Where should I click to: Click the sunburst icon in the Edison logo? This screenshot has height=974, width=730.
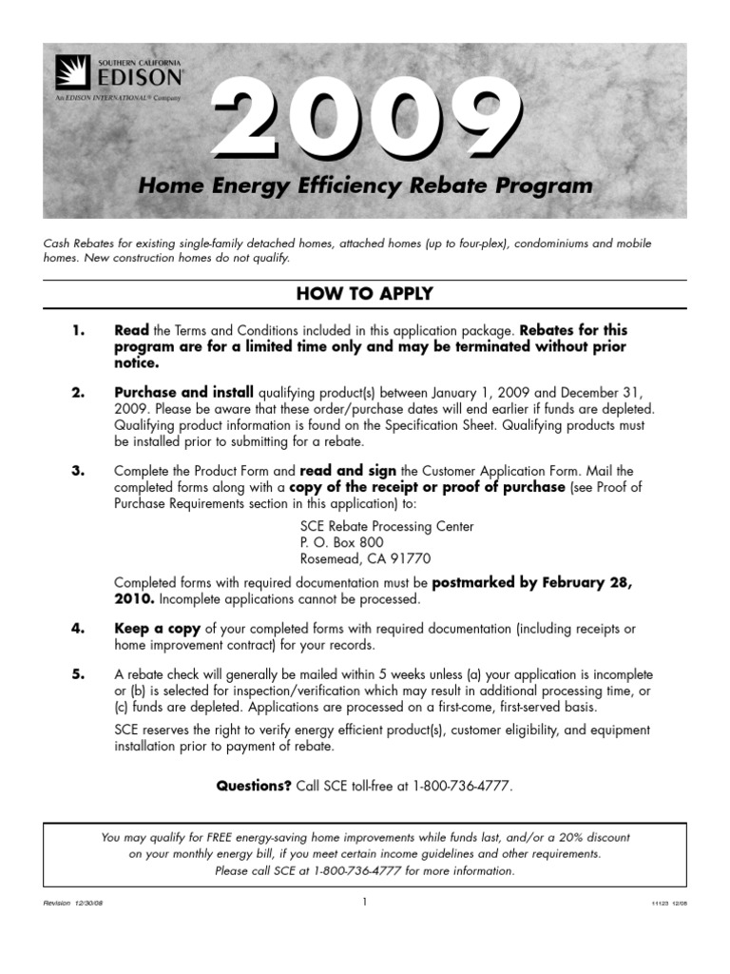coord(73,73)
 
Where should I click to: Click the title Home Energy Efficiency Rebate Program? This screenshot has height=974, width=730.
coord(366,185)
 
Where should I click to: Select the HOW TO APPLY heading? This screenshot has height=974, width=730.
coord(365,294)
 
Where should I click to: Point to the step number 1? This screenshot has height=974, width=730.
coord(79,331)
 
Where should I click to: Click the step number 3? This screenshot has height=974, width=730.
coord(79,471)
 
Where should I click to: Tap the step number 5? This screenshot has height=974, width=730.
coord(79,674)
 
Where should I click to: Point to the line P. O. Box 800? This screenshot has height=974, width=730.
coord(341,542)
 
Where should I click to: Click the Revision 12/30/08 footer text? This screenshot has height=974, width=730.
coord(73,904)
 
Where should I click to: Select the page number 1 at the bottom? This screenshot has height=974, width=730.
coord(364,903)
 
